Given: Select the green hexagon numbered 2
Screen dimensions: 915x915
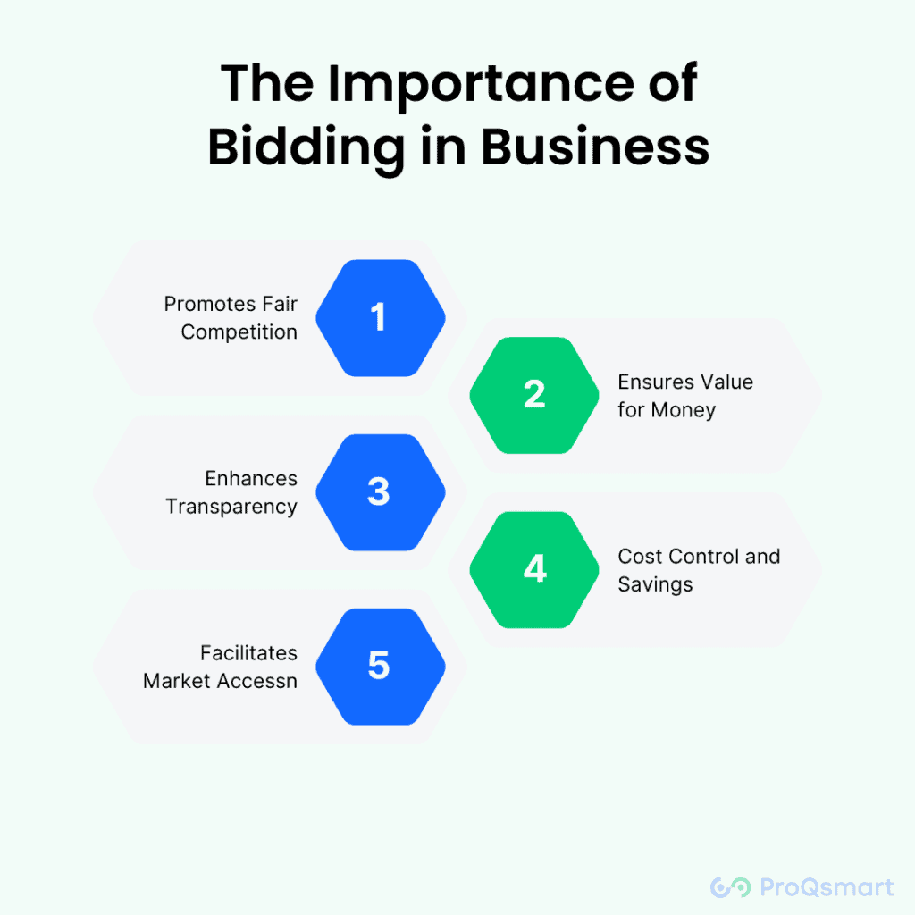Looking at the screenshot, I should click(x=534, y=394).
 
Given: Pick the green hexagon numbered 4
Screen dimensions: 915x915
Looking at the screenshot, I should click(x=534, y=569).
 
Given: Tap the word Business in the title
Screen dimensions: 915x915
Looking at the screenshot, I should click(x=596, y=147).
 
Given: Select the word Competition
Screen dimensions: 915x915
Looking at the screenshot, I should click(x=239, y=332).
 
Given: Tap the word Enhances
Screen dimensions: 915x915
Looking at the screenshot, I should click(x=251, y=478).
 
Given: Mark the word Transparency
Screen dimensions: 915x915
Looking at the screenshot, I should click(x=231, y=507).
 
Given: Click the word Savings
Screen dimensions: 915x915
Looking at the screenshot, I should click(x=655, y=585).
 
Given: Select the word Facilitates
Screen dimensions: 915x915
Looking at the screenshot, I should click(x=248, y=653).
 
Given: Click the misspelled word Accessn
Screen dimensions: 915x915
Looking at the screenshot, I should click(x=258, y=681).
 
